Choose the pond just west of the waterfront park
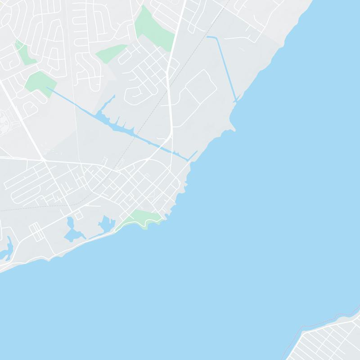(106, 223)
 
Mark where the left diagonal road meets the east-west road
(43, 159)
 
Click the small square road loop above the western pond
(79, 216)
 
